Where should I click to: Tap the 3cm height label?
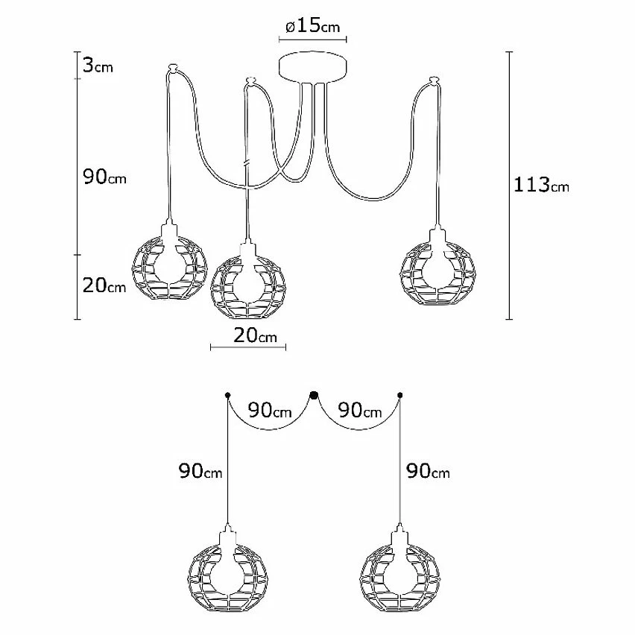click(98, 65)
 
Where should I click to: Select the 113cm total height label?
click(541, 185)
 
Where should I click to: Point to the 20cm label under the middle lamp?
click(255, 335)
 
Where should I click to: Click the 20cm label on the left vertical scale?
click(104, 285)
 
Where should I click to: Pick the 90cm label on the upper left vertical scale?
click(104, 177)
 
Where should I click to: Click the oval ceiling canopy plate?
click(312, 67)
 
